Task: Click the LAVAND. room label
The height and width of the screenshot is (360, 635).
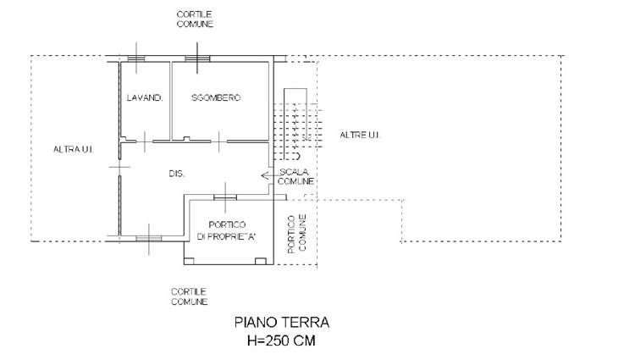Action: coord(145,97)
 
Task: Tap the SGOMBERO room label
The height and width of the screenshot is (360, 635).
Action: coord(216,97)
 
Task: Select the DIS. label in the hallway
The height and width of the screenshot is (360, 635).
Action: coord(177,174)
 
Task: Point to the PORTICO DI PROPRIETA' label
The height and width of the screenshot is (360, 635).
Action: coord(227,230)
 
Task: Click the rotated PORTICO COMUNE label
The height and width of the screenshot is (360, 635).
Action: coord(296,234)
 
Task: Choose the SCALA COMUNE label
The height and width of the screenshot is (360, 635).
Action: coord(295,176)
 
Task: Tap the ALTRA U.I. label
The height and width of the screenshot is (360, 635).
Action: coord(74,149)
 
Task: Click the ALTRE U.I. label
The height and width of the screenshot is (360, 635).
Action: coord(360,135)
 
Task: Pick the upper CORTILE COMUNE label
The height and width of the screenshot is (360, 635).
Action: coord(195,19)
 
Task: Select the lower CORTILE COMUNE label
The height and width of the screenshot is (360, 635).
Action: coord(189,296)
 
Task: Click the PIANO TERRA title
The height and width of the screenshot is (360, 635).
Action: coord(282,323)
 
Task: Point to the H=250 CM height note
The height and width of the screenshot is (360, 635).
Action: coord(281,341)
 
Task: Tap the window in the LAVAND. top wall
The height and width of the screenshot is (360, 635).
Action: coord(136,58)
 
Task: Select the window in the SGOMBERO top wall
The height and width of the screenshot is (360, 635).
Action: coord(197,58)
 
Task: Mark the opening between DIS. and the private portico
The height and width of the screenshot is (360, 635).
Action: coord(225,197)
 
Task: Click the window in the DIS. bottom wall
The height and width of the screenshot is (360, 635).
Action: coord(149,239)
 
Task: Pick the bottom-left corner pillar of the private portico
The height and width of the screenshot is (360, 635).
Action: coord(189,261)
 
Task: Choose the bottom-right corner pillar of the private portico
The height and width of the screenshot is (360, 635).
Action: coord(261,261)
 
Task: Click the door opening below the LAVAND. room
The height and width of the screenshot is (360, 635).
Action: coord(145,141)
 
